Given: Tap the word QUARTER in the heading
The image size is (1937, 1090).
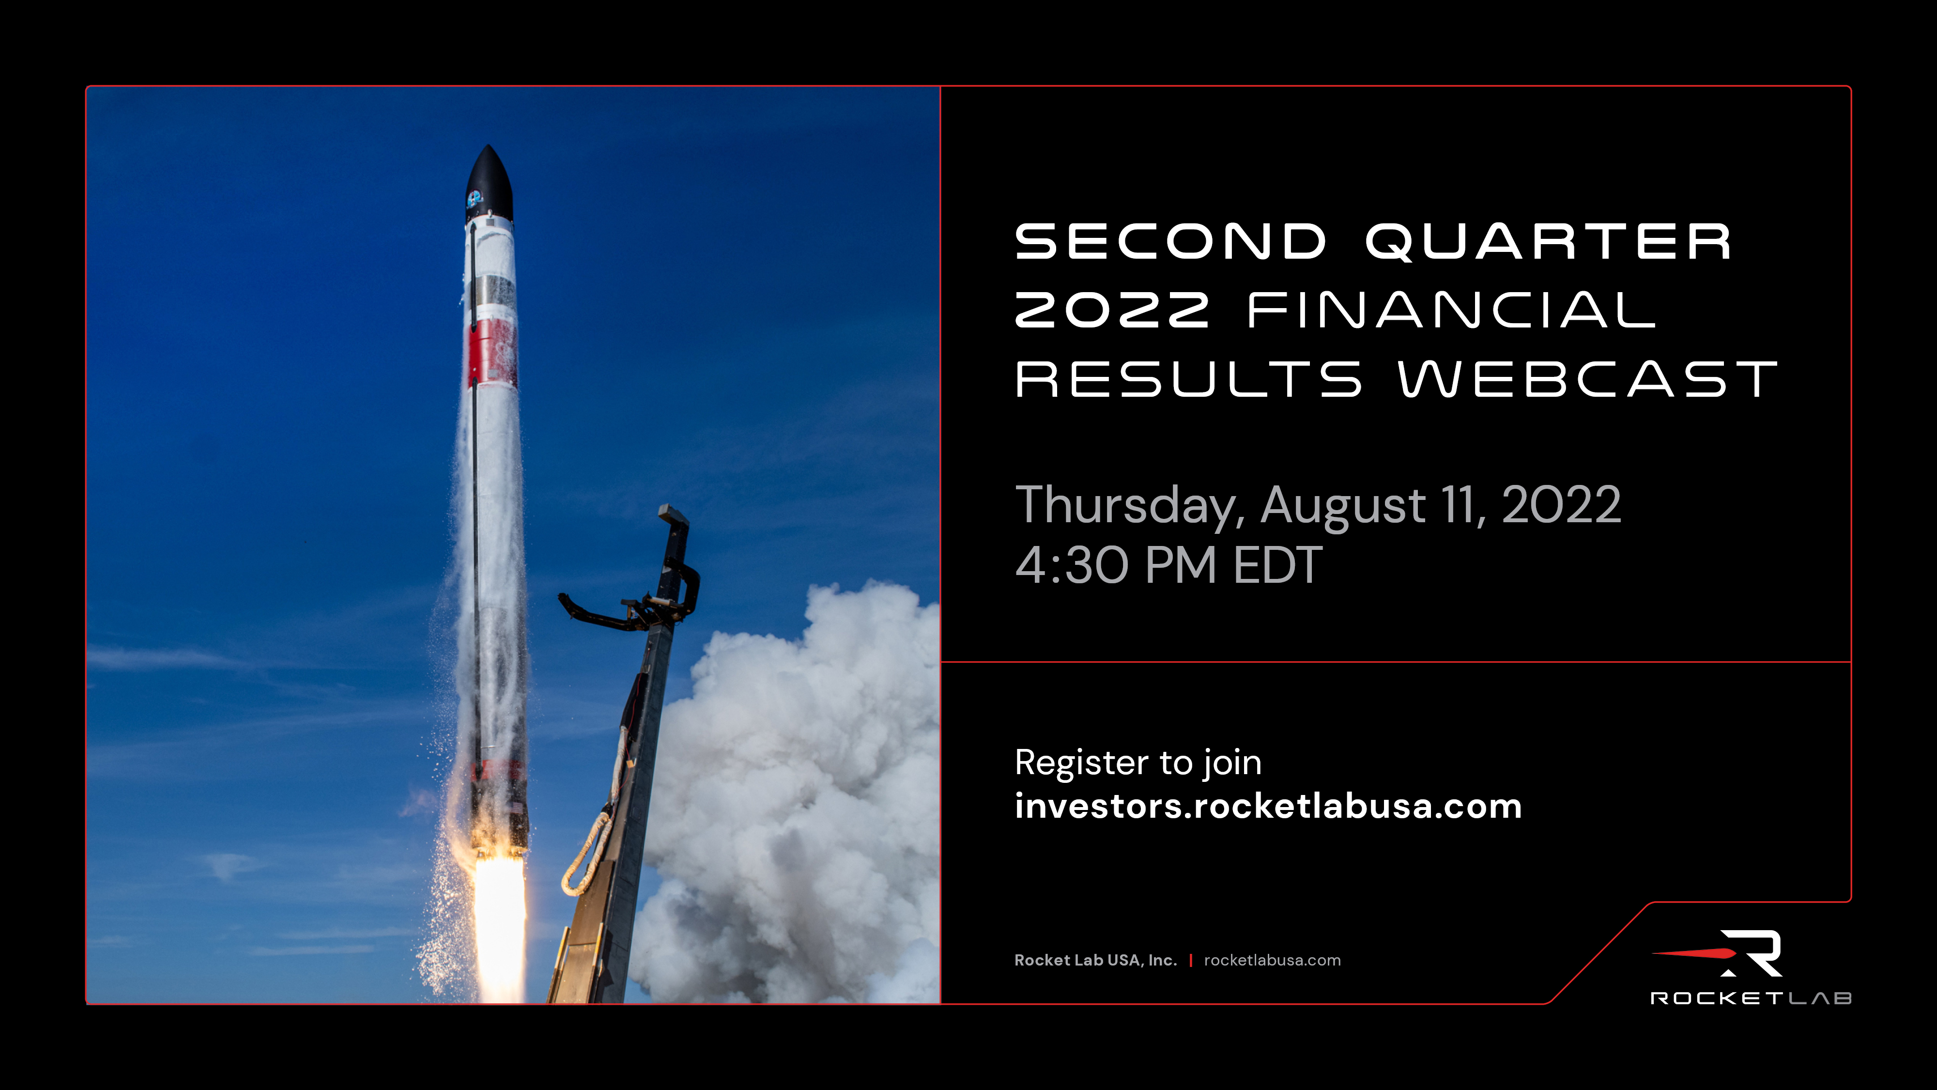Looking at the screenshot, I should click(1548, 242).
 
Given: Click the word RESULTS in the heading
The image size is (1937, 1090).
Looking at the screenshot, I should click(1188, 379).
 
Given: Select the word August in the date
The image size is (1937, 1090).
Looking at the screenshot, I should click(1342, 505).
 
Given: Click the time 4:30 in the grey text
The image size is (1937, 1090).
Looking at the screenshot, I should click(1072, 566).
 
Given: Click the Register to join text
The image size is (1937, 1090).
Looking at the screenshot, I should click(1138, 763).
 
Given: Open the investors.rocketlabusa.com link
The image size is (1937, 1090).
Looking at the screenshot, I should click(1268, 807).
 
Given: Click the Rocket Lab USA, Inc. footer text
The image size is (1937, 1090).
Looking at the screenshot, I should click(1095, 961).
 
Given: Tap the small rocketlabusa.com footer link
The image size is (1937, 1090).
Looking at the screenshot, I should click(1272, 961).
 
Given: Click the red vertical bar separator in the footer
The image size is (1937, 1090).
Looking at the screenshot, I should click(1190, 961).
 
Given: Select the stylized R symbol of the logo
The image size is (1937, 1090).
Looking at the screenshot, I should click(1752, 952).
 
